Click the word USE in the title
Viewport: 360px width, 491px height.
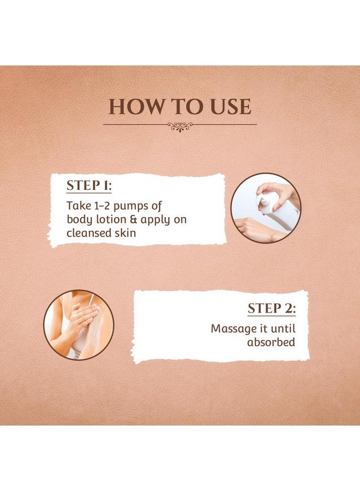coord(229,106)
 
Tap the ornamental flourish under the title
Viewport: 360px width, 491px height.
coord(180,127)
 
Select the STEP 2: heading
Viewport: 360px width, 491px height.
coord(271,308)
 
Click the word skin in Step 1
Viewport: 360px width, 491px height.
coord(125,233)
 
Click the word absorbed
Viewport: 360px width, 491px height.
coord(271,343)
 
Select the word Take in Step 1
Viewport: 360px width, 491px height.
coord(77,206)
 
